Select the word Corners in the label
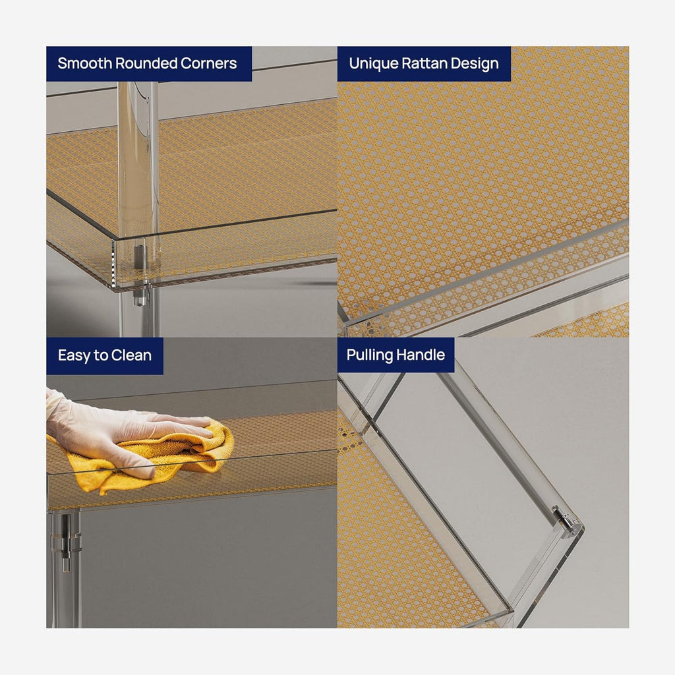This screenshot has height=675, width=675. (x=208, y=63)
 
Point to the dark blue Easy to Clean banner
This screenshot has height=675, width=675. (x=105, y=355)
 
